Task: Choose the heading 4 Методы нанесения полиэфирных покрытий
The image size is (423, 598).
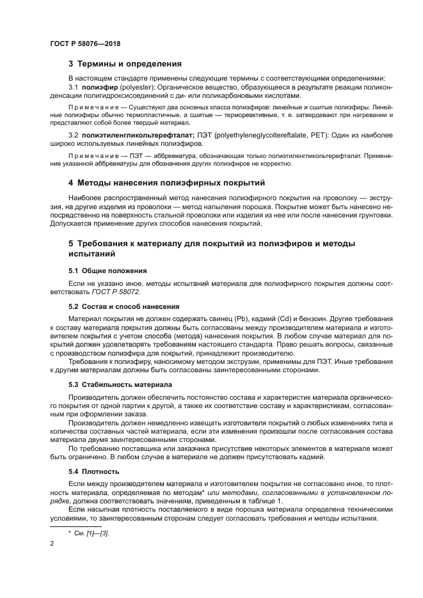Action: point(166,183)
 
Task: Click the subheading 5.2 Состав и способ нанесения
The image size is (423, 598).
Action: point(124,306)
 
